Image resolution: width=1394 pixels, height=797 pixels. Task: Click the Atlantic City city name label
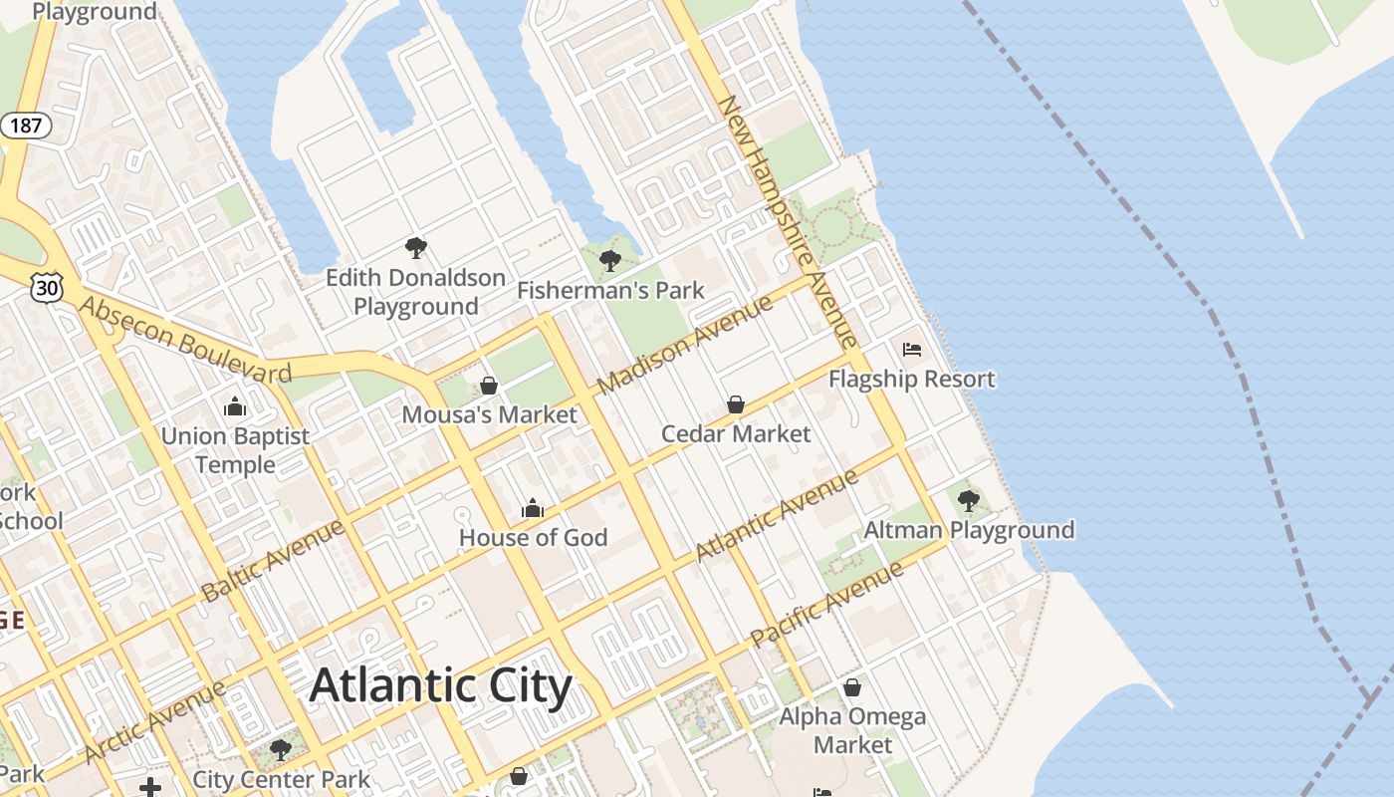pos(441,686)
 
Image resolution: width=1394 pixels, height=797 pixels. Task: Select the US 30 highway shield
pos(46,288)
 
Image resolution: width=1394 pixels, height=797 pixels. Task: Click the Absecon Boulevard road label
pos(185,340)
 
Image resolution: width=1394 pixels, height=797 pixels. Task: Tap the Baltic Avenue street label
pos(273,560)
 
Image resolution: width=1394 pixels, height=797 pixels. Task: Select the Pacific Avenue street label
pos(827,604)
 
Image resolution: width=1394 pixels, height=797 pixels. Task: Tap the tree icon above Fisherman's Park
pos(610,261)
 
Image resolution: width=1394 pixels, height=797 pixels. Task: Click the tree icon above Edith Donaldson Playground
pos(416,248)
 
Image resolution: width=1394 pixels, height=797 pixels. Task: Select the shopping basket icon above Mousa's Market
pos(489,385)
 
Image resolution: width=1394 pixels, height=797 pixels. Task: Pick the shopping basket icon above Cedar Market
pos(736,404)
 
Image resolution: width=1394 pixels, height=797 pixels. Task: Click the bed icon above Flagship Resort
pos(912,350)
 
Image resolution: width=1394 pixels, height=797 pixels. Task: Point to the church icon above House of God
pos(533,509)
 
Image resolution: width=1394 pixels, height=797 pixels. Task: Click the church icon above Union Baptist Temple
pos(235,406)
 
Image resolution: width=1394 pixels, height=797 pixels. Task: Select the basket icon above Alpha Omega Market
pos(852,687)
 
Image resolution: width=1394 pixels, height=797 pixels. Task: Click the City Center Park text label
pos(282,779)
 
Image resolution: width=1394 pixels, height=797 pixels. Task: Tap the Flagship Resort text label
pos(912,380)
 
